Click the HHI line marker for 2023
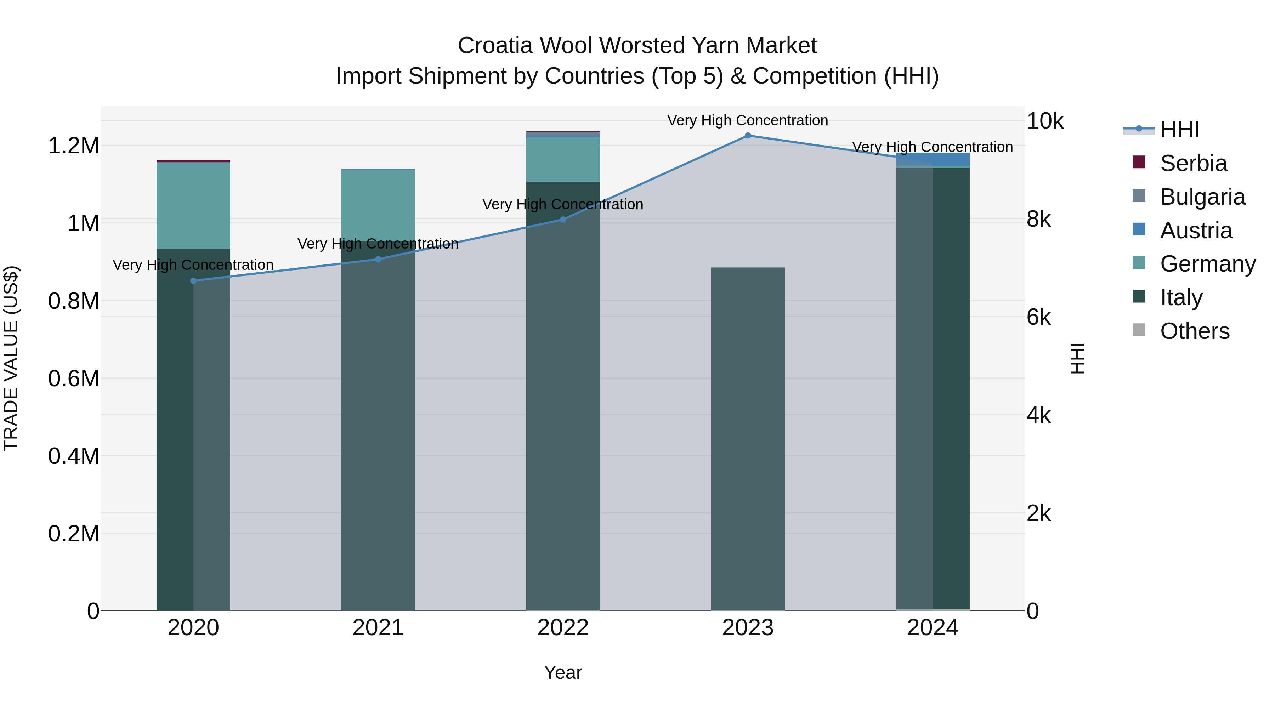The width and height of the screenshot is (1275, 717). (x=747, y=136)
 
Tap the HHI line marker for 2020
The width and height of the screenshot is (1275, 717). (x=193, y=280)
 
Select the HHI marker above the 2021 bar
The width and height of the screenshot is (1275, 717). (x=378, y=259)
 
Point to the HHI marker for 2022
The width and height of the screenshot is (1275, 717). (x=563, y=219)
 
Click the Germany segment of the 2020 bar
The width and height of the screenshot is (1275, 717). (x=193, y=205)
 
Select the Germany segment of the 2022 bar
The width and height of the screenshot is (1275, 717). (x=563, y=159)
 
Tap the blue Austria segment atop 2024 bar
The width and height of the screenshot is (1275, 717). (x=933, y=159)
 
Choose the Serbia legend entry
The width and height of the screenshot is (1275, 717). (x=1193, y=163)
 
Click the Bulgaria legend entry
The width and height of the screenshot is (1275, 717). (x=1202, y=197)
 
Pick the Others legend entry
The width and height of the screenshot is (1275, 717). (x=1194, y=331)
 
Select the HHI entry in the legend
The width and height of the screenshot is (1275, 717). (x=1179, y=130)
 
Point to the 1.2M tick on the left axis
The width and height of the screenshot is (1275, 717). (x=73, y=146)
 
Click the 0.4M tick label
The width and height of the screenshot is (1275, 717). (x=73, y=456)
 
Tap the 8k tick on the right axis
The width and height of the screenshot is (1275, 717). (x=1038, y=219)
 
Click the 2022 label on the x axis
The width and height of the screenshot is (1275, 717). (x=563, y=628)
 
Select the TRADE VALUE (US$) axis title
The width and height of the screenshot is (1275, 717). (x=11, y=358)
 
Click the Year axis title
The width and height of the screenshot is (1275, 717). (x=563, y=672)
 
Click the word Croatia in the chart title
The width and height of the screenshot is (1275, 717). (x=495, y=46)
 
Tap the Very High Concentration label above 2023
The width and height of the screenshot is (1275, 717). (x=747, y=120)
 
